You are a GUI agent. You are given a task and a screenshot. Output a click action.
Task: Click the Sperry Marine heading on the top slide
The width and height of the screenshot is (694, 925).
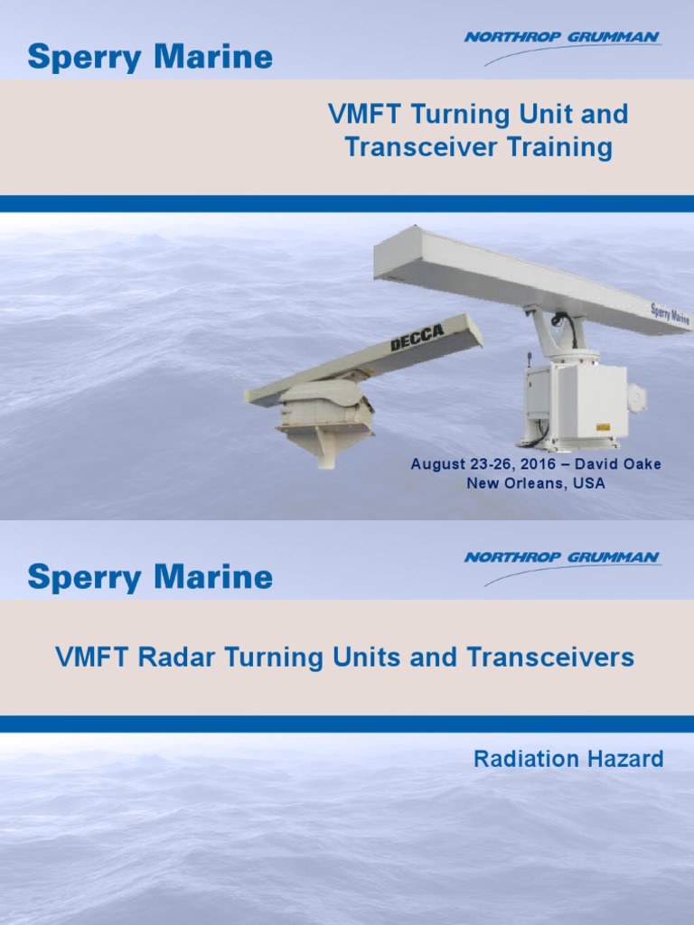click(150, 58)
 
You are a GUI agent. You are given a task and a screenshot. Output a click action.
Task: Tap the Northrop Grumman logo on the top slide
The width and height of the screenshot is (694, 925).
click(562, 38)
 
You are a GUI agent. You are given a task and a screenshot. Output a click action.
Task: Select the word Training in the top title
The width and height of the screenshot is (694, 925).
click(566, 148)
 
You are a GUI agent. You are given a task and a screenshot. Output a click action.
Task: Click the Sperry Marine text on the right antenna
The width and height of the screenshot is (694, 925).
click(670, 314)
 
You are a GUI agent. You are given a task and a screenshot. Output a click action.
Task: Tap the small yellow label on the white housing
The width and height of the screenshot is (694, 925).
click(601, 425)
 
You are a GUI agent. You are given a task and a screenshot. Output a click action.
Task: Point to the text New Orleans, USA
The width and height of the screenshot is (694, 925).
click(536, 483)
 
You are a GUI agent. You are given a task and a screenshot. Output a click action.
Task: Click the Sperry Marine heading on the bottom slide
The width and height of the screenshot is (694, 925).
click(150, 577)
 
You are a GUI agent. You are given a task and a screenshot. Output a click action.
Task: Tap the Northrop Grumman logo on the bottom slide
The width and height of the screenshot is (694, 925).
click(562, 558)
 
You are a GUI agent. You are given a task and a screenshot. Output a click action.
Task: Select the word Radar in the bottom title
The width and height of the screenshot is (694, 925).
click(170, 658)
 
